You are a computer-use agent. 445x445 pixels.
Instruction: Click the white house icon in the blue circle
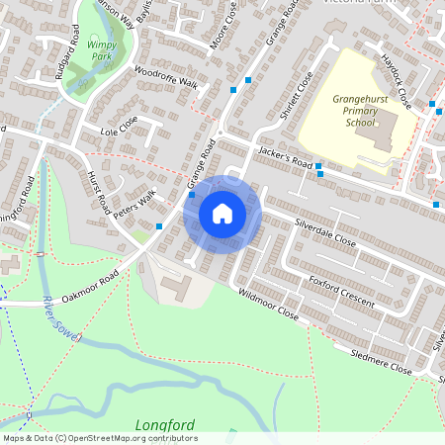coord(222,213)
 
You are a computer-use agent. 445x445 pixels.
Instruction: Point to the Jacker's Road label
coord(286,157)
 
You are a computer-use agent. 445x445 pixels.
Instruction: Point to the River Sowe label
coord(61,320)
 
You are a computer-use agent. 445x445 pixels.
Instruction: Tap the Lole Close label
coord(118,131)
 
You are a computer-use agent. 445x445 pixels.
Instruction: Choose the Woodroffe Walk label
coord(166,78)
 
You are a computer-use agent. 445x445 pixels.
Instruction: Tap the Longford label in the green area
coord(164,426)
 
